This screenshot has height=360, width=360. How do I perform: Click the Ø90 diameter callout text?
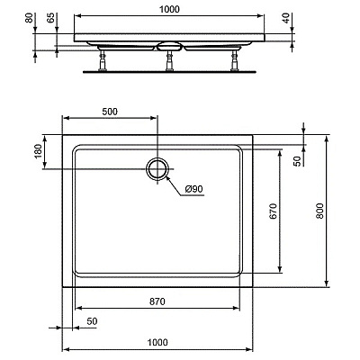pos(194,189)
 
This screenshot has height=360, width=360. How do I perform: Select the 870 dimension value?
pos(157,301)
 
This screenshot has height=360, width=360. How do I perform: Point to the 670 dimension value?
pos(273,211)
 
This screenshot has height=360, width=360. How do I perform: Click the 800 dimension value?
pos(319,211)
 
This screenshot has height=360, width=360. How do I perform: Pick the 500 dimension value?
pos(110,112)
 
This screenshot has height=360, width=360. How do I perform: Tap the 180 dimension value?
pos(38,151)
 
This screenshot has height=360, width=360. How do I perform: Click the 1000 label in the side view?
pos(169,9)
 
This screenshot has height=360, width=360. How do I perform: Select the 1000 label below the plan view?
pos(157,342)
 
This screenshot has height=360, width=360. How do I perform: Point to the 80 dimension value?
pos(29,18)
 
